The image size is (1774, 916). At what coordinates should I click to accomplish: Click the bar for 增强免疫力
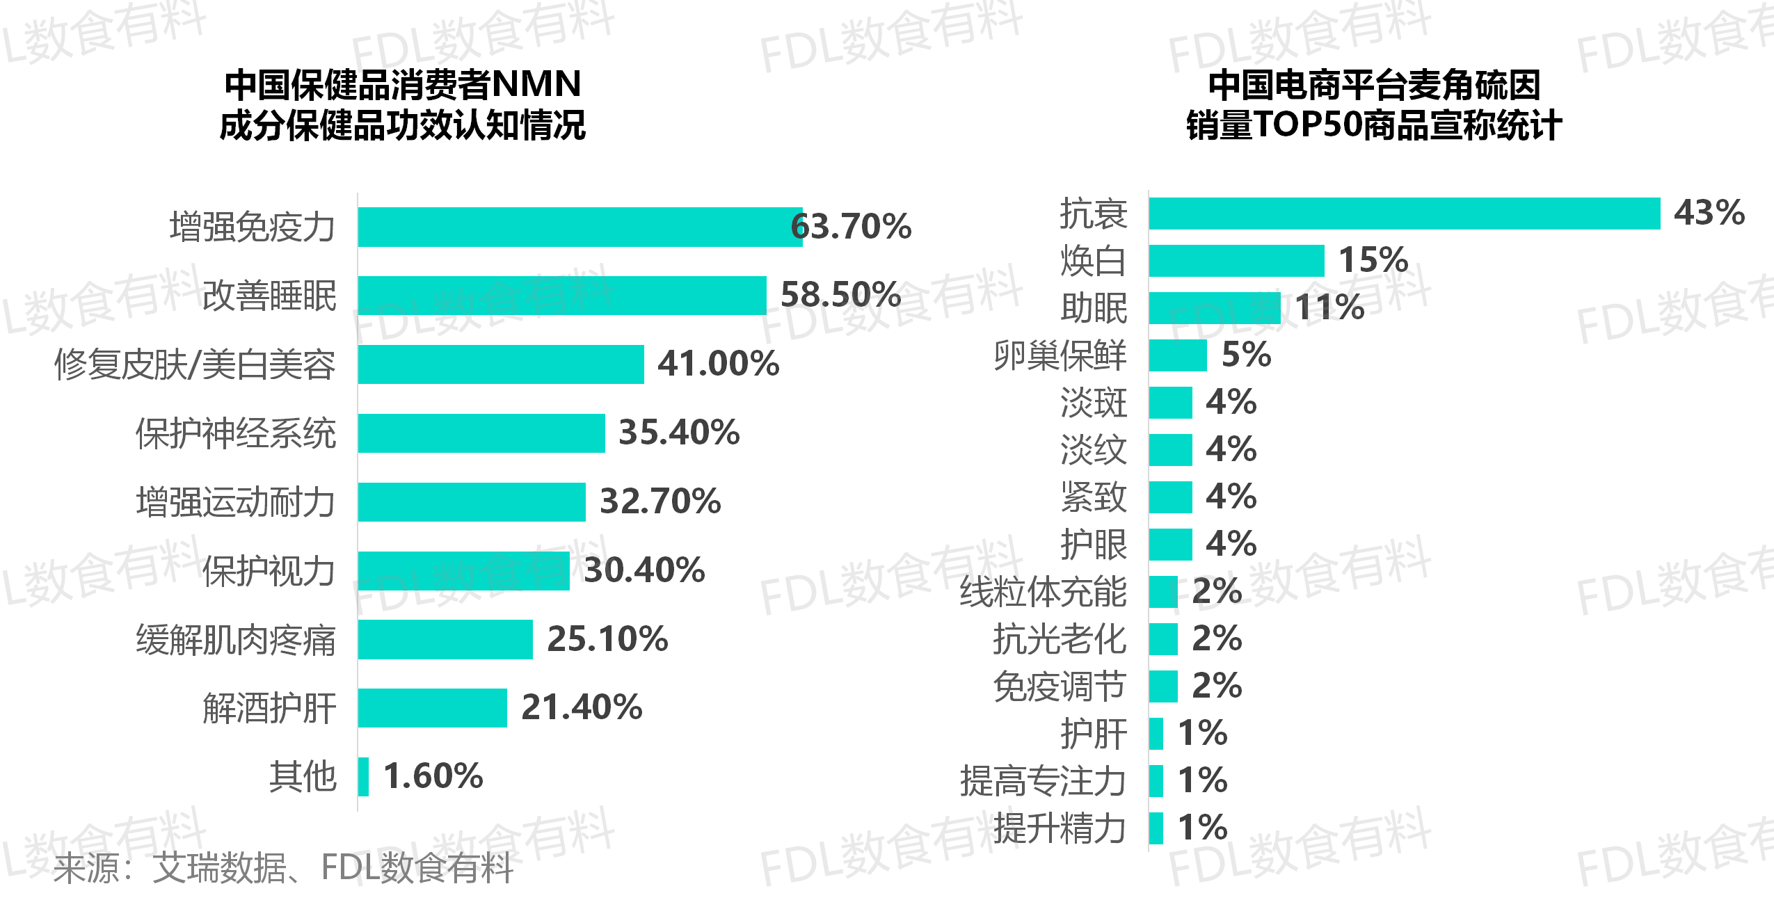[x=580, y=227]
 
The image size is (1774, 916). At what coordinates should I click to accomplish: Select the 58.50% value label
[x=840, y=294]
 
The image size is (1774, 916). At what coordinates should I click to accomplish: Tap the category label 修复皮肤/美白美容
[x=195, y=364]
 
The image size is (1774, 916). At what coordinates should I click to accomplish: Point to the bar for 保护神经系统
[x=481, y=433]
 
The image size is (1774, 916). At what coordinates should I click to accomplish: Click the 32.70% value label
[x=660, y=501]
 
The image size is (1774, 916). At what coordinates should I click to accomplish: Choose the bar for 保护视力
[x=464, y=570]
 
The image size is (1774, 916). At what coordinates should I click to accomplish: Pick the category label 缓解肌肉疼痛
[x=236, y=640]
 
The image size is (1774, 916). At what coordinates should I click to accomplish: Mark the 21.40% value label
[x=582, y=707]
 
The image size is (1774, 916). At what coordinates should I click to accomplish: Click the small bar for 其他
[x=363, y=776]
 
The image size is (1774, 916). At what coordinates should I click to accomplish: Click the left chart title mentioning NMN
[x=403, y=104]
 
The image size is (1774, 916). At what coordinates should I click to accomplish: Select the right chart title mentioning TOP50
[x=1374, y=104]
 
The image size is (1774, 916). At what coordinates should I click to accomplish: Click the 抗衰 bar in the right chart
[x=1404, y=214]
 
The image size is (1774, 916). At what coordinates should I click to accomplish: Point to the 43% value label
[x=1709, y=212]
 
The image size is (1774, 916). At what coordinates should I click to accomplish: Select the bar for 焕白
[x=1236, y=261]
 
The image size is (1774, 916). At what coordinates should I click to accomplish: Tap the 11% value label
[x=1329, y=307]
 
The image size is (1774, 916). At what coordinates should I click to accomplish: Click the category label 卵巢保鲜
[x=1060, y=355]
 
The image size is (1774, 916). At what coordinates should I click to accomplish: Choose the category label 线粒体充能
[x=1043, y=592]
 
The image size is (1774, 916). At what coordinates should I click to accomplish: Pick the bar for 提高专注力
[x=1156, y=780]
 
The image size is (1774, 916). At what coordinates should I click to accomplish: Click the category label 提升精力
[x=1060, y=828]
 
